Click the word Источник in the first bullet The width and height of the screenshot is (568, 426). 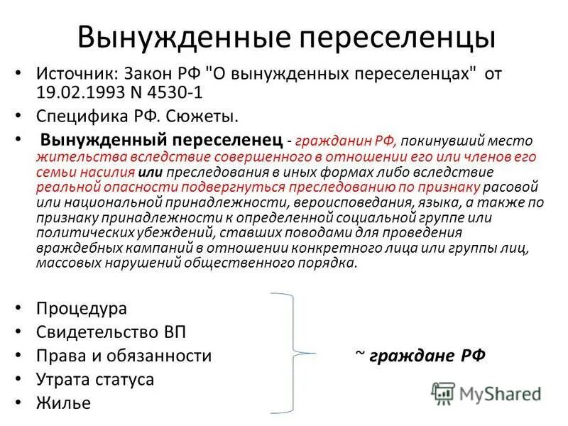click(76, 75)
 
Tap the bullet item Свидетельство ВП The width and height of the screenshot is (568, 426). click(111, 332)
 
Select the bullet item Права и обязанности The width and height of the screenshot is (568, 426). click(124, 356)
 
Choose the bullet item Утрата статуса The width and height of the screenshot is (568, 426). click(94, 379)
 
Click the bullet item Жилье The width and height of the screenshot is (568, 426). click(63, 403)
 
